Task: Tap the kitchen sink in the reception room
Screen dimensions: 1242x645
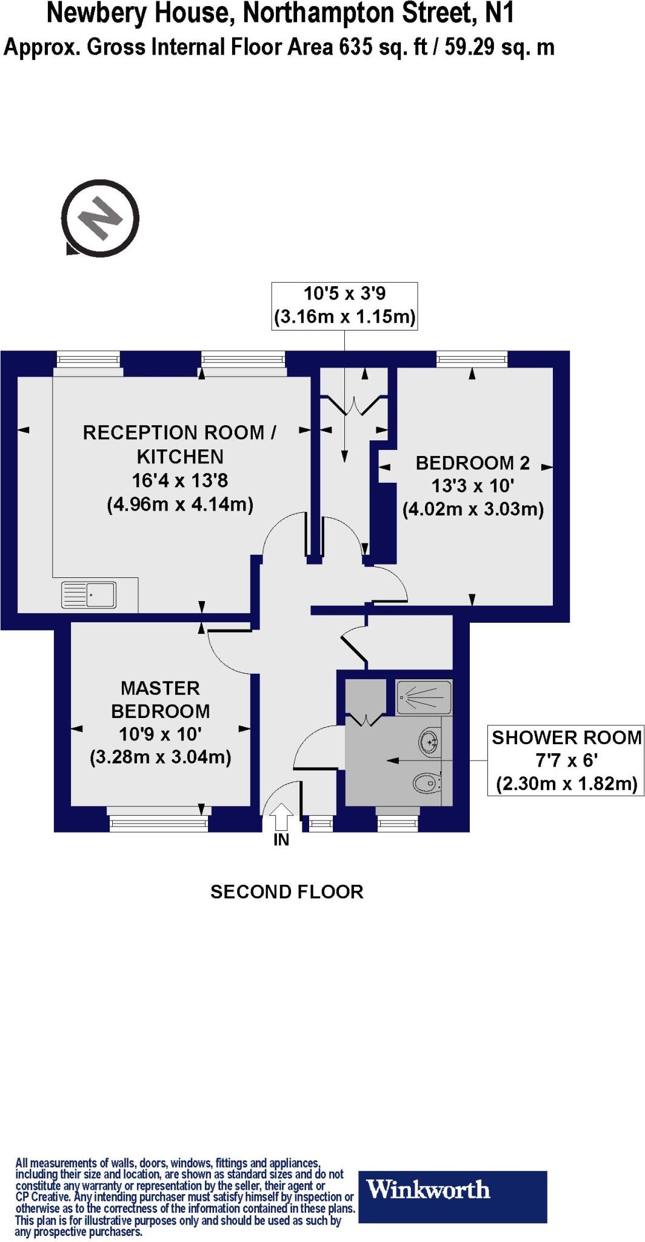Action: tap(89, 595)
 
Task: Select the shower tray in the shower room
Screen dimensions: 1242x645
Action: tap(424, 697)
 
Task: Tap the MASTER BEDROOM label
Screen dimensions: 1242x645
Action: tap(161, 699)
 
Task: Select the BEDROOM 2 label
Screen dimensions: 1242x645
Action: tap(473, 463)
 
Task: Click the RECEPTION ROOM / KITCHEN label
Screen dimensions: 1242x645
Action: tap(180, 444)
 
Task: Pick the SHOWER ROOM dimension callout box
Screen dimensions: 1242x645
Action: tap(566, 760)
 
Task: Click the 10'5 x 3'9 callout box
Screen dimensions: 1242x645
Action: tap(344, 306)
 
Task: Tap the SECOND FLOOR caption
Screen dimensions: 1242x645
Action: tap(287, 891)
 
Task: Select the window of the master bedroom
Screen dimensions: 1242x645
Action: tap(158, 822)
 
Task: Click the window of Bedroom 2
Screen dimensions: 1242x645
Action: tap(472, 360)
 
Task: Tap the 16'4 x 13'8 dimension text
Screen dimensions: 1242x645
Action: tap(180, 481)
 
